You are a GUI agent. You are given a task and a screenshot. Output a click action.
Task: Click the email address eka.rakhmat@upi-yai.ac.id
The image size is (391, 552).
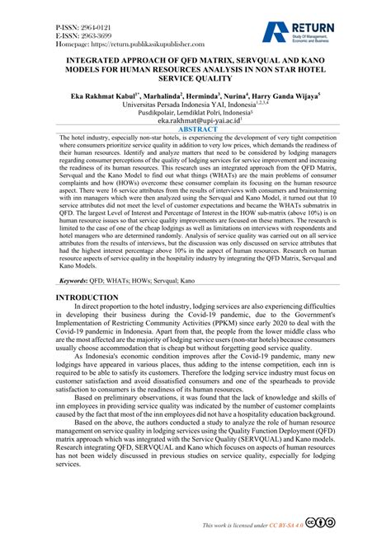[195, 120]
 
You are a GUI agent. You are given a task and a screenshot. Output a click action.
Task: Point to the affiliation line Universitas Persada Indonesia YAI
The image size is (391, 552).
[195, 105]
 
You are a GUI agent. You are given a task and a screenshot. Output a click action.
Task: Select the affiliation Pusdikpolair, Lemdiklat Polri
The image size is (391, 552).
[194, 113]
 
